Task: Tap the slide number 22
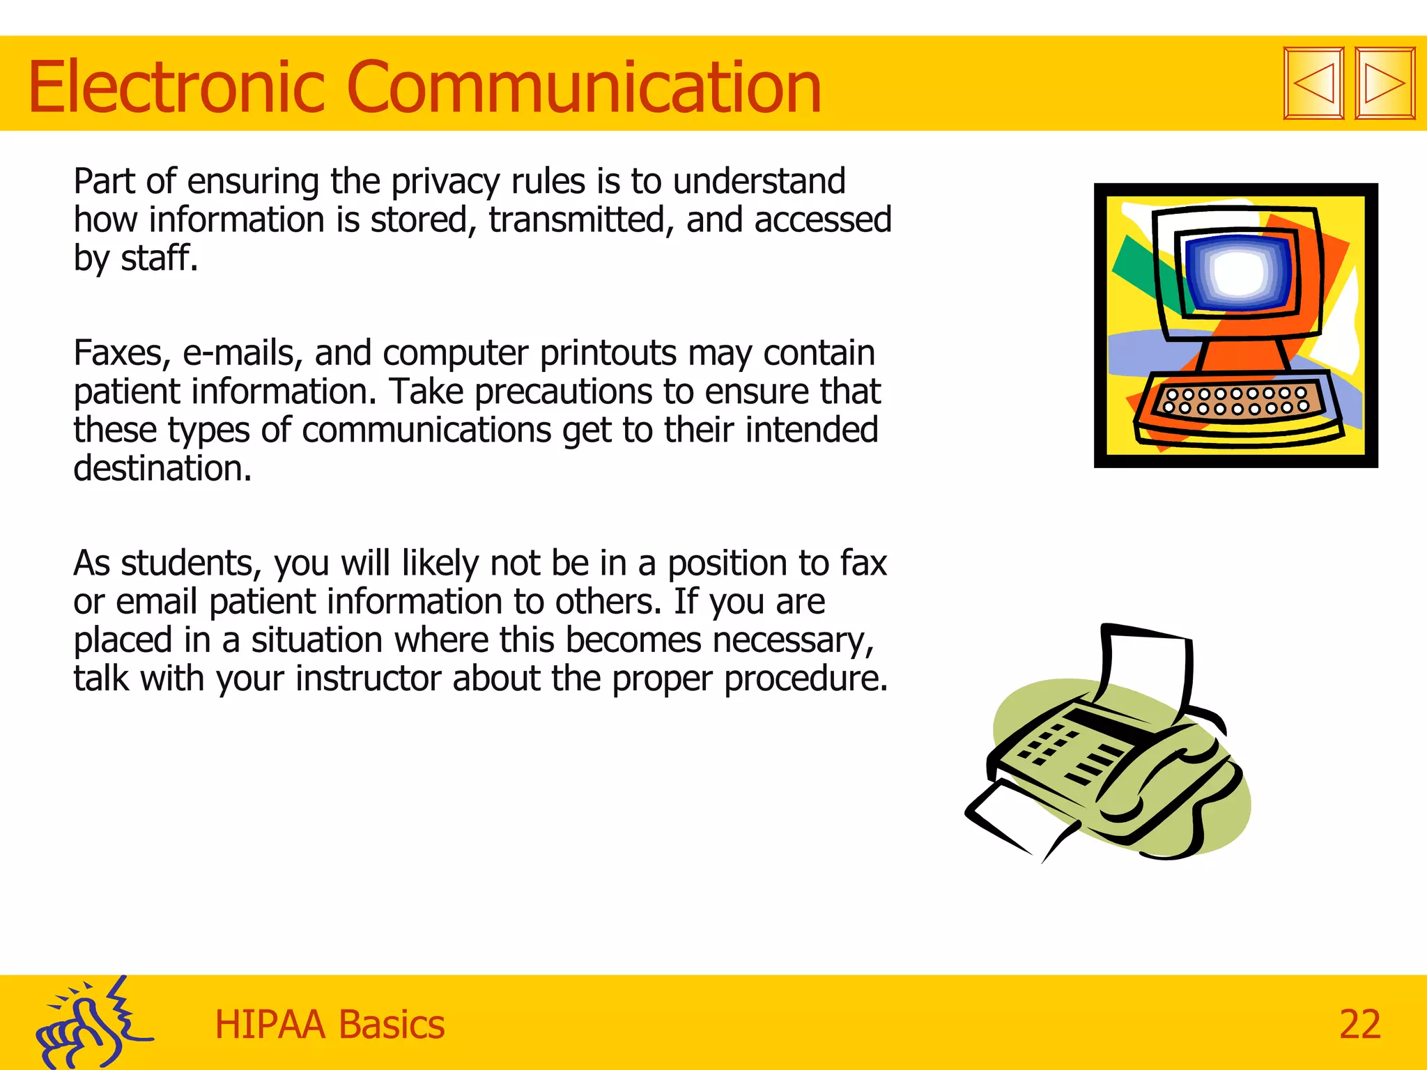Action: (x=1359, y=1024)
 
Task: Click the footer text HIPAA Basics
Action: (x=329, y=1025)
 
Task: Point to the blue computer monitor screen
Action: (x=1239, y=272)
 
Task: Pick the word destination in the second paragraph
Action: (x=162, y=468)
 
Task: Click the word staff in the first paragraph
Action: (x=159, y=258)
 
